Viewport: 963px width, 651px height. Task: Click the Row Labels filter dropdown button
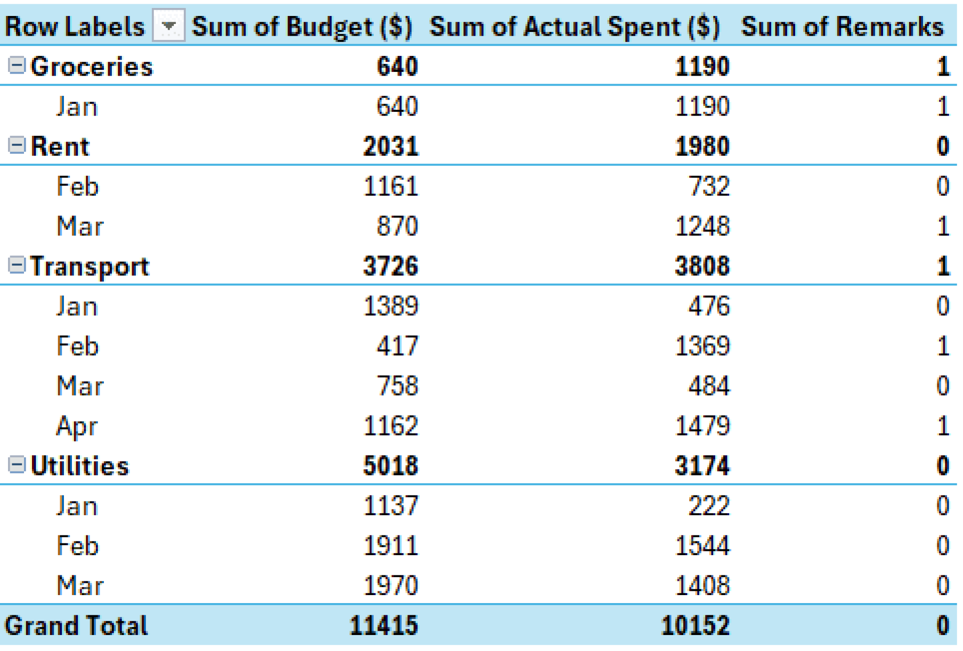pos(168,25)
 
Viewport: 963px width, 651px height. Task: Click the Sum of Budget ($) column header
pos(302,26)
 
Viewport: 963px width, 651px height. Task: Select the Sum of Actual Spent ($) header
pos(574,26)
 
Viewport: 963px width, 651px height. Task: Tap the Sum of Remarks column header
pos(842,26)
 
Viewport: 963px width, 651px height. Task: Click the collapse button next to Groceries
pos(17,65)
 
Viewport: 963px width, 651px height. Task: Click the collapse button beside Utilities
pos(17,465)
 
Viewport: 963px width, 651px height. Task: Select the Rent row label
pos(60,146)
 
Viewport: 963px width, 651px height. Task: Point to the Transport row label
pos(90,267)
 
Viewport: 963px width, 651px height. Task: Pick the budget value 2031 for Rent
pos(390,146)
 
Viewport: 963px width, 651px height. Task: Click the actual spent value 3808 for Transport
pos(702,266)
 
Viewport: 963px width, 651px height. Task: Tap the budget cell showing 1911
pos(390,546)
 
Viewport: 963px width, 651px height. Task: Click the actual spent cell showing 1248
pos(702,226)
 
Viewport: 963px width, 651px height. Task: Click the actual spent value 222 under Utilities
pos(709,506)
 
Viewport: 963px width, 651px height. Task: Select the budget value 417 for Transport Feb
pos(397,346)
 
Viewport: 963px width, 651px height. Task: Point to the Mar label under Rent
pos(79,226)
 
